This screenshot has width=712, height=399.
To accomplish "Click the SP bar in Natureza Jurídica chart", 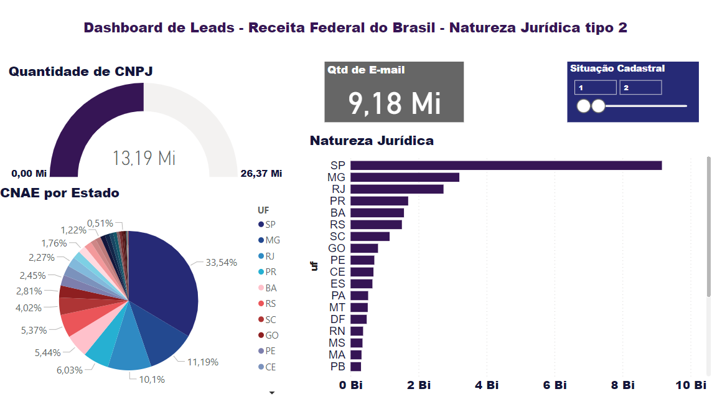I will click(x=505, y=165).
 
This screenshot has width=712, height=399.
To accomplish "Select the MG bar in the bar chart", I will click(x=405, y=177).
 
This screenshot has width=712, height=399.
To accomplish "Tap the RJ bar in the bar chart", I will click(x=396, y=189).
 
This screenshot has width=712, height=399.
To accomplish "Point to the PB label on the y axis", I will click(x=337, y=366).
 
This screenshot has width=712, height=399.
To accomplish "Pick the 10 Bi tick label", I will click(x=691, y=385).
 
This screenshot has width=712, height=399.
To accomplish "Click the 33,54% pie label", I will click(x=222, y=263).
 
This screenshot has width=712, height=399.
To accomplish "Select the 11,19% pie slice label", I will click(x=203, y=361).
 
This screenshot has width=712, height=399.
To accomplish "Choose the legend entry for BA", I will click(x=271, y=288).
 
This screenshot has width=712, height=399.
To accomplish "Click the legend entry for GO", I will click(x=271, y=336).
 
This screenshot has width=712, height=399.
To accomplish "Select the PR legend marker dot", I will click(x=260, y=273).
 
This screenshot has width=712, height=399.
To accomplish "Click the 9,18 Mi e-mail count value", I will click(x=395, y=103).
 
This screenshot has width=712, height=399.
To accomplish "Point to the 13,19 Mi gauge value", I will click(x=144, y=158).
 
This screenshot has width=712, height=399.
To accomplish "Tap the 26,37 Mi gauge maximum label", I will click(x=261, y=173).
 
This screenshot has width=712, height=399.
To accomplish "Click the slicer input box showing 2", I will click(x=640, y=88).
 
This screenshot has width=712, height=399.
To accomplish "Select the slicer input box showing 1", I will click(x=595, y=88).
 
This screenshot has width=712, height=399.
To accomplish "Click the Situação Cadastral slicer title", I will click(x=617, y=68).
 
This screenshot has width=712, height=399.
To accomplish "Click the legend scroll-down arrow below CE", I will click(x=271, y=393).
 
